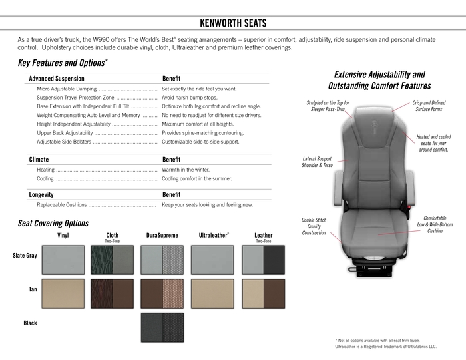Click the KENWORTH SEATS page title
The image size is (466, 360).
click(x=233, y=23)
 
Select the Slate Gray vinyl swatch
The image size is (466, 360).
click(x=63, y=260)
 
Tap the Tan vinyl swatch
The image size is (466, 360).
click(x=63, y=293)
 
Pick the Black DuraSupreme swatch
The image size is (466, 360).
click(x=162, y=327)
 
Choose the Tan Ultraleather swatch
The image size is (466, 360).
click(x=212, y=293)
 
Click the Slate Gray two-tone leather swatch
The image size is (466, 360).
click(x=263, y=260)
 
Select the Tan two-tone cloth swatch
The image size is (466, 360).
click(x=113, y=293)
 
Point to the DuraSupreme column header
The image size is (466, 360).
click(x=162, y=235)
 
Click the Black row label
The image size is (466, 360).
click(x=30, y=323)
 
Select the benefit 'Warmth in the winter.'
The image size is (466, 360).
click(x=186, y=170)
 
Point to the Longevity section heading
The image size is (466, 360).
click(x=41, y=194)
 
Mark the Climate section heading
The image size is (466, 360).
click(x=39, y=160)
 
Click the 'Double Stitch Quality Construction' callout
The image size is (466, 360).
click(x=314, y=226)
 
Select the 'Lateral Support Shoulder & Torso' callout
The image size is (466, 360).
click(x=317, y=162)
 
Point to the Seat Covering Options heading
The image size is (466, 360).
click(x=53, y=224)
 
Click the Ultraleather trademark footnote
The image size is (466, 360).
click(x=386, y=347)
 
